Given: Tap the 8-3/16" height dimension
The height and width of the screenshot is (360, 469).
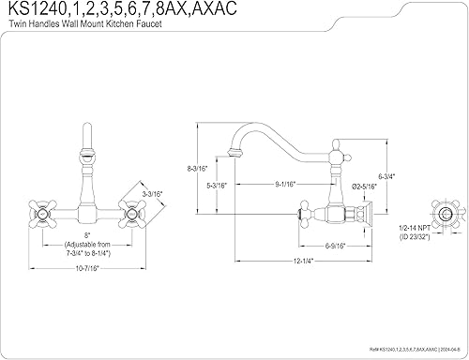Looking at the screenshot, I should tap(189, 169).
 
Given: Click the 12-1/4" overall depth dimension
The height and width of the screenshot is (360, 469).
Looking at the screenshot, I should tap(301, 260).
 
